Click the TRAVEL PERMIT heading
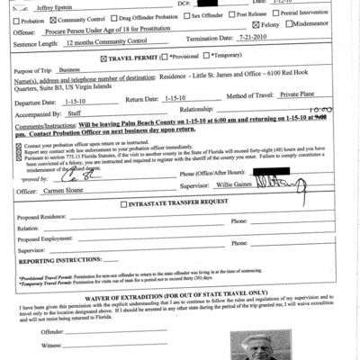(x=136, y=58)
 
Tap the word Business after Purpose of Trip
(x=70, y=68)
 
